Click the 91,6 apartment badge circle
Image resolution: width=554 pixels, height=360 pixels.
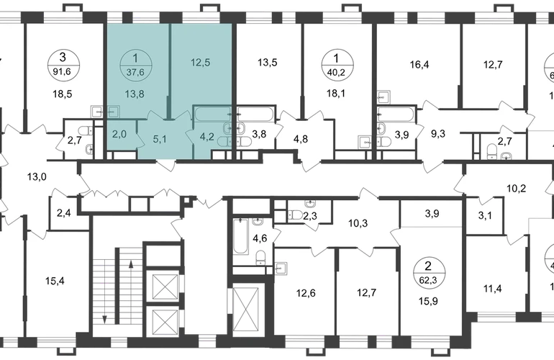click(63, 64)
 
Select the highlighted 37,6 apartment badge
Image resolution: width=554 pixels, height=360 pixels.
click(136, 65)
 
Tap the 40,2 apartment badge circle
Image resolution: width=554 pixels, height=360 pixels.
click(336, 65)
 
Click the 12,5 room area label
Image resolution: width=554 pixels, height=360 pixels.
click(201, 62)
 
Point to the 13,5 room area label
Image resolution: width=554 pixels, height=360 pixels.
click(268, 63)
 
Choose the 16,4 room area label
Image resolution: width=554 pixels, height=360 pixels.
click(419, 65)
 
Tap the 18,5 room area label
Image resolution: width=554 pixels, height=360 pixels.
click(63, 94)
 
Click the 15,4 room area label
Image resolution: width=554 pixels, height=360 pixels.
click(55, 282)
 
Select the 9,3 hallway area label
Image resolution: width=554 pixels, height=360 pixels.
click(438, 134)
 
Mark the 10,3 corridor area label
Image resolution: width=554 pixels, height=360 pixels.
click(358, 223)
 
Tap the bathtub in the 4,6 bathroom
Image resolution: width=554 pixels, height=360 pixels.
click(241, 236)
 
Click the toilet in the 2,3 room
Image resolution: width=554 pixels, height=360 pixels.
click(294, 215)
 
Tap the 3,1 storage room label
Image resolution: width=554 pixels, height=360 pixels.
click(485, 215)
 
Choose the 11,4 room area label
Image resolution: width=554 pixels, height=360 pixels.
click(493, 289)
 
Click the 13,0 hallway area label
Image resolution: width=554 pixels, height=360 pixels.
click(37, 177)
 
